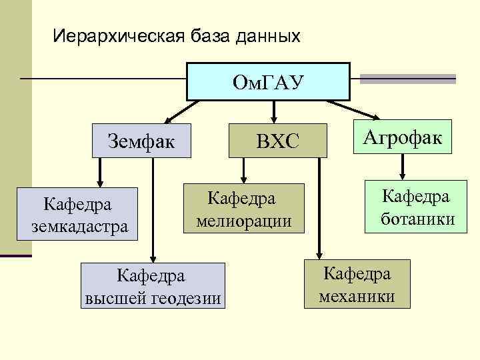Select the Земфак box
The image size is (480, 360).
coord(141,140)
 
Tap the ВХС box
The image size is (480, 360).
coord(278,140)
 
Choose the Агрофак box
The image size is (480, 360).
coord(402,137)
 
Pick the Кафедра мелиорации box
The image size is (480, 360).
coord(244,209)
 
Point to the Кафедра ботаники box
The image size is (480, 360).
coord(415,207)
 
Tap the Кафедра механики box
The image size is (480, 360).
coord(357,284)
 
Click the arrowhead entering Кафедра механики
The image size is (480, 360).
coord(319,253)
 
